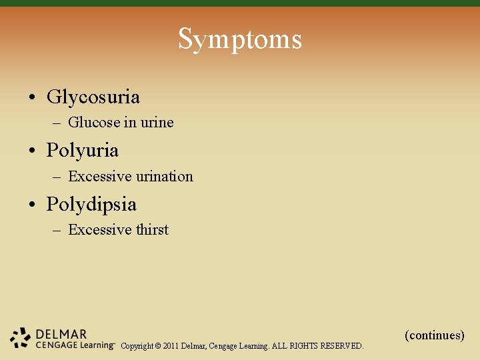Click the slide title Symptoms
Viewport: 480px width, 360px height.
(x=240, y=39)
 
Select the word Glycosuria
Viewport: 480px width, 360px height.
(x=93, y=97)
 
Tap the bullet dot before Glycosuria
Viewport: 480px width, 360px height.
(x=32, y=98)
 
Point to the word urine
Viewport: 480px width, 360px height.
(x=157, y=123)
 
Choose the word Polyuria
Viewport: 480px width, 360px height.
(x=83, y=151)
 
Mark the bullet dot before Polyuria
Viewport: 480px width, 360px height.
(x=32, y=151)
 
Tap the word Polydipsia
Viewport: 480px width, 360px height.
(x=91, y=204)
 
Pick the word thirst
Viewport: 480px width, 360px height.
(x=152, y=230)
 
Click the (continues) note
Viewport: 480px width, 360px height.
(x=434, y=335)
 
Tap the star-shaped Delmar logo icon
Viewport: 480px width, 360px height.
(x=21, y=338)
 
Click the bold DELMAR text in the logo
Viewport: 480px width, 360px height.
(x=61, y=334)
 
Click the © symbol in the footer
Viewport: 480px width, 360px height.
(x=158, y=346)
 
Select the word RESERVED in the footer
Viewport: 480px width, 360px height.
(x=342, y=346)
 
